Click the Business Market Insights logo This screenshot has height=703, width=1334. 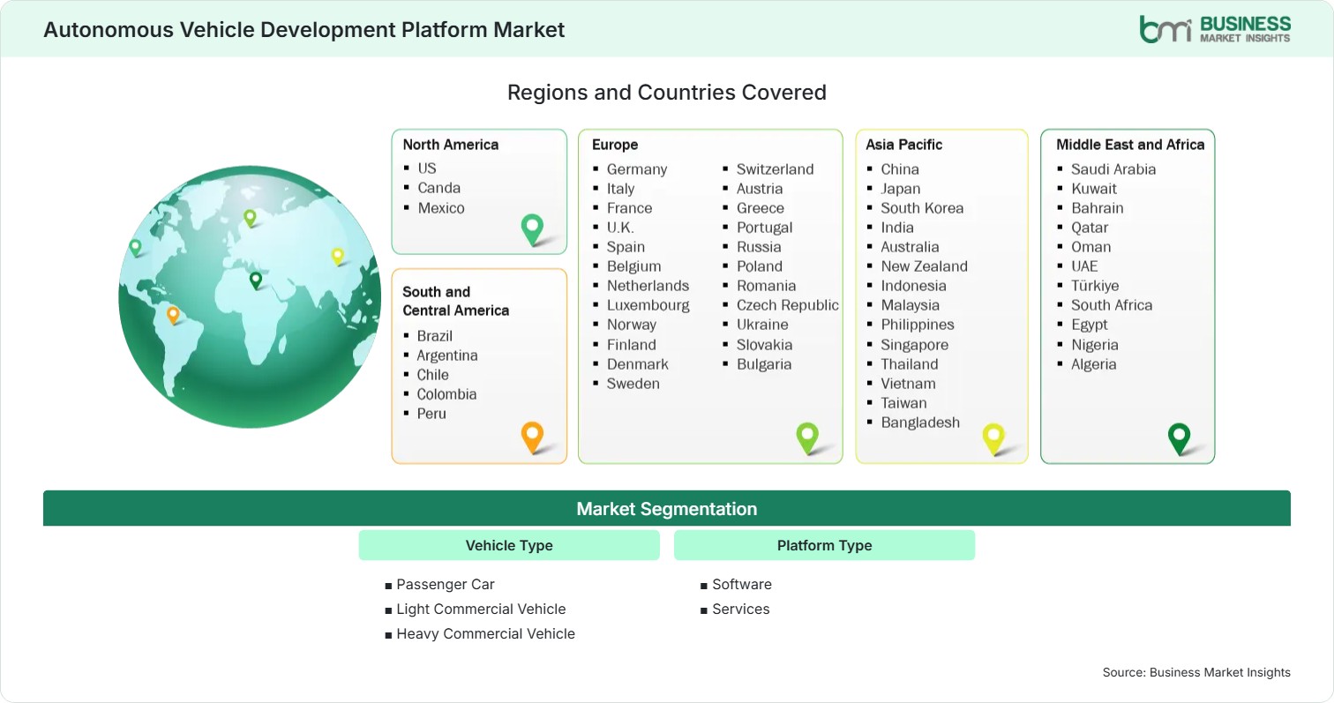point(1215,29)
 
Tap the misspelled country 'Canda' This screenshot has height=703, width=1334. point(438,188)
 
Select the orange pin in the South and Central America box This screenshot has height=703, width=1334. point(532,437)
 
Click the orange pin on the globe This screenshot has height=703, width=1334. point(173,315)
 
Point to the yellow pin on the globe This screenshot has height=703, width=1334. point(338,256)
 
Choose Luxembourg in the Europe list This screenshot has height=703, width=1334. point(648,305)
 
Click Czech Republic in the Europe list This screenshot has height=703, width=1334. point(787,305)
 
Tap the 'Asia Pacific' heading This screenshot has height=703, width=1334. point(904,145)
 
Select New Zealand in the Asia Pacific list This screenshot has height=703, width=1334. point(925,266)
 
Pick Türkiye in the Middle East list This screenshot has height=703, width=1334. point(1095,286)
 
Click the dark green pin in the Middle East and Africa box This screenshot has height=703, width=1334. point(1179,438)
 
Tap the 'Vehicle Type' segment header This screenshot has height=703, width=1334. point(509,545)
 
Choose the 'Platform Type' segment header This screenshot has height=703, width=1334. point(824,545)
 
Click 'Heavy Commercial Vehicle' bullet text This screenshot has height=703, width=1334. point(486,634)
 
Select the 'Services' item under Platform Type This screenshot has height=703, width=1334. point(741,609)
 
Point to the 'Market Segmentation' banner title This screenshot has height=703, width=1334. point(667,509)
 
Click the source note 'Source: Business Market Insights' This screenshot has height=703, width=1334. point(1196,672)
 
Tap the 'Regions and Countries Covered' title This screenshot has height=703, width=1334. point(667,93)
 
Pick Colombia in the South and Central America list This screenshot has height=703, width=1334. point(446,394)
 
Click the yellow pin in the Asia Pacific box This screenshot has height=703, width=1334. point(993,438)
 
